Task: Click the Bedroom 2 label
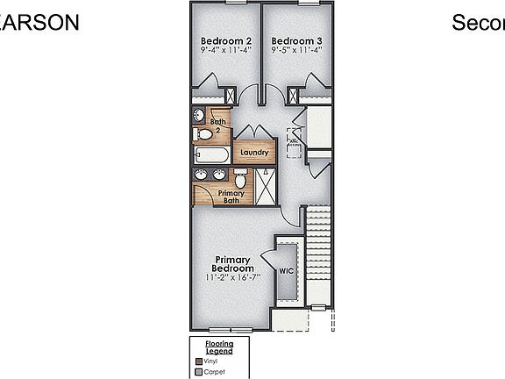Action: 225,40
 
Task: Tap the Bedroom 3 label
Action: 296,40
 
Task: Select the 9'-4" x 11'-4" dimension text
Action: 225,51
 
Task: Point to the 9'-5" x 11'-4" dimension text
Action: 296,51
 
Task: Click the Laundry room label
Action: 254,152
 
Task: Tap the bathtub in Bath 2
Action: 210,156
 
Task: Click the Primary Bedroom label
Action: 232,264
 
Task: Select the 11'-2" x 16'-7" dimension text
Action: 232,278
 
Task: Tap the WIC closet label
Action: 286,271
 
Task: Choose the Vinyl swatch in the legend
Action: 198,361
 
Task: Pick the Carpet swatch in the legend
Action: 198,372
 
